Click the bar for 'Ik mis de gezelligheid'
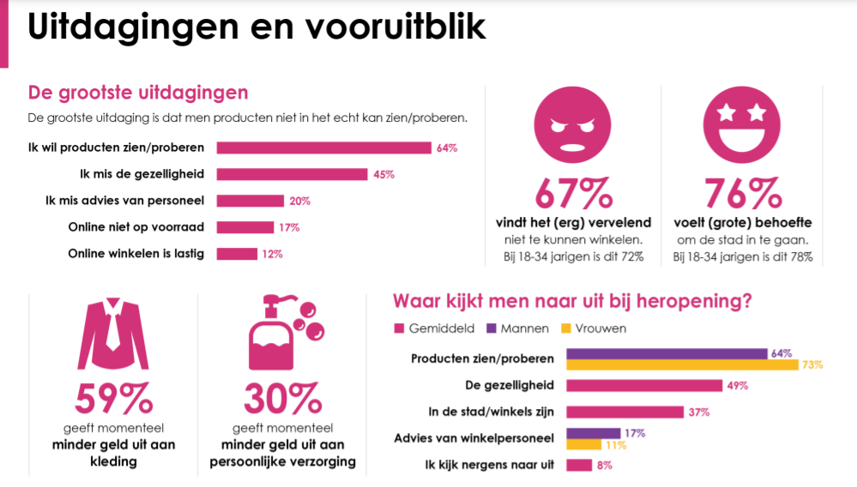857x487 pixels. pos(292,174)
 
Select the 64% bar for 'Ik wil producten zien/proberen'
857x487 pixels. pos(323,147)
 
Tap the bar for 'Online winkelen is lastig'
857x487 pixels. pos(237,254)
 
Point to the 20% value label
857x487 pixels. pos(299,201)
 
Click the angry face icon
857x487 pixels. pos(569,127)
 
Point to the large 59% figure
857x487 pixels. pos(113,399)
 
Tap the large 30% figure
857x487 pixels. pos(282,399)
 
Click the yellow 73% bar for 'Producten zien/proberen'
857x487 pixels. pos(682,364)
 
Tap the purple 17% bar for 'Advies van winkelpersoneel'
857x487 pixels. pos(593,433)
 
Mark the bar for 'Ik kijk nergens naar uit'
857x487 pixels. pos(579,465)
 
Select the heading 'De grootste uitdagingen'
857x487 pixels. pos(138,92)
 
